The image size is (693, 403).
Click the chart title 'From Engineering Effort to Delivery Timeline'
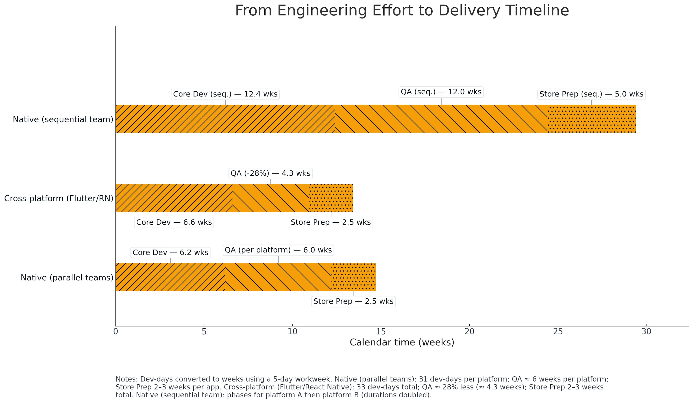click(x=402, y=11)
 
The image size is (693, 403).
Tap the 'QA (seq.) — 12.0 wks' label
click(x=441, y=92)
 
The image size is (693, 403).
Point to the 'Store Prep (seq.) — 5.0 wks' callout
click(x=591, y=94)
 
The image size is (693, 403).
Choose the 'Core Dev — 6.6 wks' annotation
click(x=174, y=222)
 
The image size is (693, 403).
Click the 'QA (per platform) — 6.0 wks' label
click(x=278, y=250)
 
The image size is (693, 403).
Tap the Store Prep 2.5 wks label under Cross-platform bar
click(x=331, y=222)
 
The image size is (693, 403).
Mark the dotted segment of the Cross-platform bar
click(x=331, y=198)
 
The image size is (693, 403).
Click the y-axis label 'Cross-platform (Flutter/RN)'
click(x=59, y=199)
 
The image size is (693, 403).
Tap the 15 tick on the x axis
click(x=381, y=332)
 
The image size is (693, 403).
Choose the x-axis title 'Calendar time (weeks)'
click(x=402, y=342)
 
